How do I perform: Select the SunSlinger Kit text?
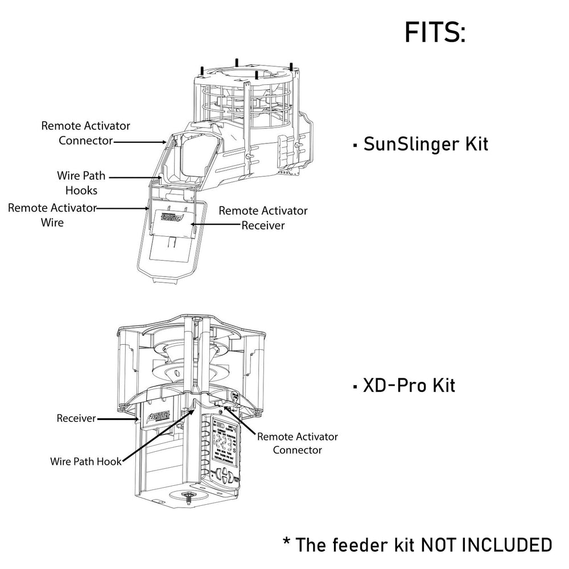(425, 143)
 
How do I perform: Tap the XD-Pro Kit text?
(409, 386)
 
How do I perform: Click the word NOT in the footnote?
(442, 545)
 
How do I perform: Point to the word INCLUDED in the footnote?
(510, 545)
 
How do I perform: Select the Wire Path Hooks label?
(81, 183)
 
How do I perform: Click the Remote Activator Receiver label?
(263, 218)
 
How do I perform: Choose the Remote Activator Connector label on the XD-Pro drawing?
(297, 443)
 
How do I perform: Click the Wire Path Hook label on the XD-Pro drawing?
(85, 461)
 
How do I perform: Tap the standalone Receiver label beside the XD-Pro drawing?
(76, 419)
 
